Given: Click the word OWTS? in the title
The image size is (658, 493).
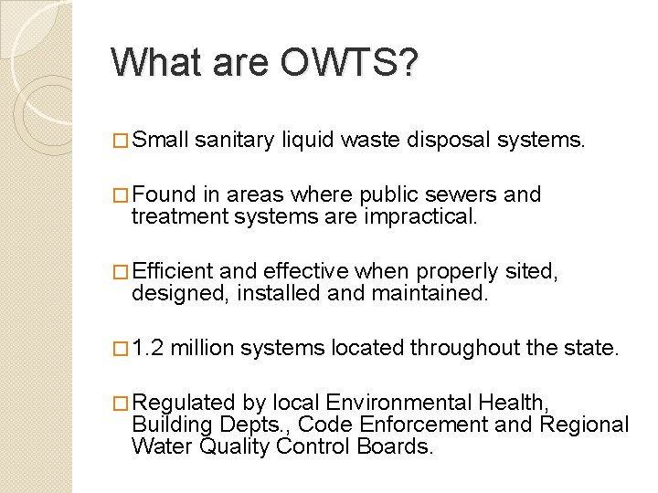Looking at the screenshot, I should tap(350, 63).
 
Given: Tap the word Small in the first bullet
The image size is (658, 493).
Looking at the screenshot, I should tap(160, 140).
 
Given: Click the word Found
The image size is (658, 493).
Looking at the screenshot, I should tap(162, 194).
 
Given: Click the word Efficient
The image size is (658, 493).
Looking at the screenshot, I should tap(172, 271).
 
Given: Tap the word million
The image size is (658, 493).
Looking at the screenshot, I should tap(202, 348).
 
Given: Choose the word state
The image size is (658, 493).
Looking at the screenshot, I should tap(593, 348).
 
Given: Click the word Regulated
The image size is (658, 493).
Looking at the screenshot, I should tap(186, 403).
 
